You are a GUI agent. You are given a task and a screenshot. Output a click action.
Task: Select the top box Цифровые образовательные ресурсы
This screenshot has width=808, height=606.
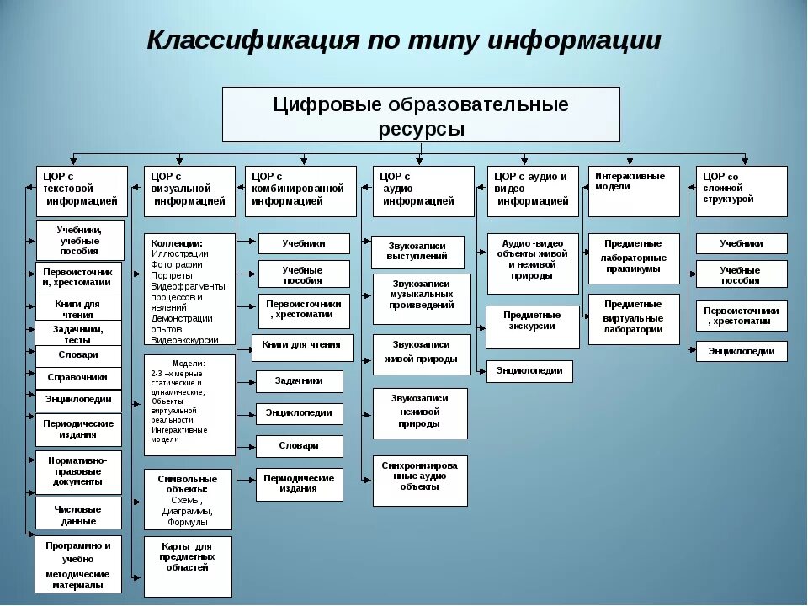click(421, 114)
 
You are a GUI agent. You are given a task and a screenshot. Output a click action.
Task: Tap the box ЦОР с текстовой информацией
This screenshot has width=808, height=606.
click(82, 191)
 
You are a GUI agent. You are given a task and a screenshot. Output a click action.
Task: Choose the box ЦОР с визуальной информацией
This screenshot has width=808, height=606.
click(189, 191)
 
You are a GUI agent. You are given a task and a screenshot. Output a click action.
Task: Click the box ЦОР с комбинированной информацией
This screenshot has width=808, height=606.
click(300, 191)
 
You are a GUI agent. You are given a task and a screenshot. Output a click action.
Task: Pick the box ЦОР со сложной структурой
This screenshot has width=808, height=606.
click(742, 191)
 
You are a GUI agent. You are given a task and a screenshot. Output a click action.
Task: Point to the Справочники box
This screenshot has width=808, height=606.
click(77, 377)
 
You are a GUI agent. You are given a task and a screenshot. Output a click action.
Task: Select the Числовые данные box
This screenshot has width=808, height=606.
click(77, 514)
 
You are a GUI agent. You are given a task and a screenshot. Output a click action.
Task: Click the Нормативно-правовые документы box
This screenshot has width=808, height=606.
click(77, 471)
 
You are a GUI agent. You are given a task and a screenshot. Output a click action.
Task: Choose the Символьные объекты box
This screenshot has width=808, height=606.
click(187, 499)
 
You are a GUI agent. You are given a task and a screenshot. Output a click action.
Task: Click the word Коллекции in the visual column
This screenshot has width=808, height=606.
click(176, 242)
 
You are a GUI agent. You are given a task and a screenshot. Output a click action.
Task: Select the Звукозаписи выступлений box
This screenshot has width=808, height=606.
click(417, 252)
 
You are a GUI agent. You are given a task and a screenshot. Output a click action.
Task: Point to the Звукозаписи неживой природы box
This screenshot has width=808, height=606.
click(419, 412)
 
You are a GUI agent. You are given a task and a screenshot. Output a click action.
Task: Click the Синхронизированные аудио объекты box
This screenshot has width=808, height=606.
click(419, 481)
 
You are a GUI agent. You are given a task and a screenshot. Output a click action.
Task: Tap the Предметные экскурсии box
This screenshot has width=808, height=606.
click(532, 327)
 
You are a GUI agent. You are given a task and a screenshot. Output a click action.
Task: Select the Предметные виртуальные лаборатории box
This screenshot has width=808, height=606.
click(633, 318)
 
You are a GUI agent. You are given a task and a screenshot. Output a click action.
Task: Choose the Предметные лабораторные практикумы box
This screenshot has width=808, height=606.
click(633, 258)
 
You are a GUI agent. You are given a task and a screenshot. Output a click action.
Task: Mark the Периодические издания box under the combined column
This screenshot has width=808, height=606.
click(299, 484)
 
